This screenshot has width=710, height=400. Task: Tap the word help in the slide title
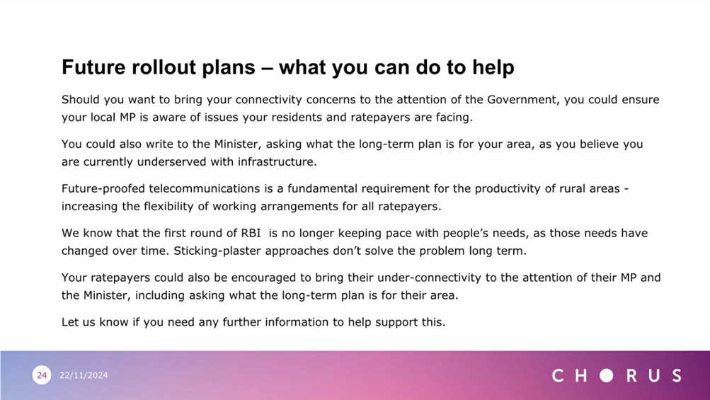[493, 68]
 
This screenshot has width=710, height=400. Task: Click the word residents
[294, 118]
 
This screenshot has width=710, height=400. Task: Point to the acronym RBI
[251, 233]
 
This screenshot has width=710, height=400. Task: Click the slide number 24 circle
[42, 375]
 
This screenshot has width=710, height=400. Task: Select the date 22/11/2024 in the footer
[84, 375]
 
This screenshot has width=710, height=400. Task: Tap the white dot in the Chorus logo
[607, 375]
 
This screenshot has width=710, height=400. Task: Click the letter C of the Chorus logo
[558, 375]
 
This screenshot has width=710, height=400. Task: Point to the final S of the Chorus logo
[677, 375]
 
